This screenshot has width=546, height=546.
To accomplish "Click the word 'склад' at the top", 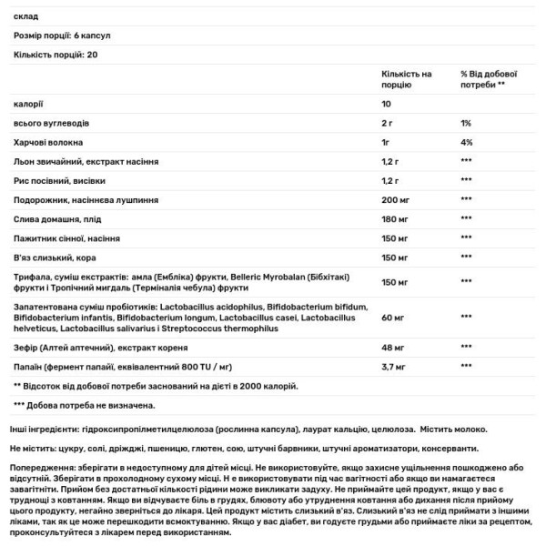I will click(26, 16).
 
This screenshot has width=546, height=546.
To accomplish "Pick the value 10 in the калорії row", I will click(387, 103).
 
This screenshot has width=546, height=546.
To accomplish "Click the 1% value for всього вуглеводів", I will click(465, 123).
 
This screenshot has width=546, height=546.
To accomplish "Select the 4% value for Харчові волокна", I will click(466, 142).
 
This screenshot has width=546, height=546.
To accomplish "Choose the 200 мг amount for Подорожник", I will click(396, 199).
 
